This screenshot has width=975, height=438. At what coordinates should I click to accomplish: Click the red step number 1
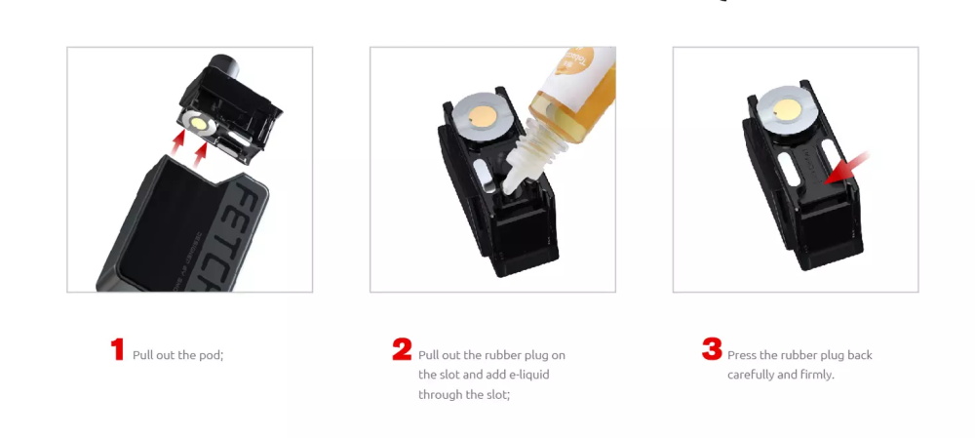tap(118, 349)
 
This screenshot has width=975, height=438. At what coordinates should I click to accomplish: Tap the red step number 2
tap(402, 349)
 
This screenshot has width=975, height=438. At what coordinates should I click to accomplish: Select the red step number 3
tap(712, 349)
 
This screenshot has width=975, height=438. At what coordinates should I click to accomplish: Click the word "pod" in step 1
tap(211, 355)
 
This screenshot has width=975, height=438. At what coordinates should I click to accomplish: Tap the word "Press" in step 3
tap(742, 355)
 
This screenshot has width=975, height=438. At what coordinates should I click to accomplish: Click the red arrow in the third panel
tap(845, 168)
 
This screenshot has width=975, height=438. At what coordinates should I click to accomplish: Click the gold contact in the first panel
tap(200, 123)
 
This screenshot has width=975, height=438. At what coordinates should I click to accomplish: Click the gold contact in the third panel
tap(786, 107)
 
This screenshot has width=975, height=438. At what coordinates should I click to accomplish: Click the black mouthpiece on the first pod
tap(221, 66)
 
